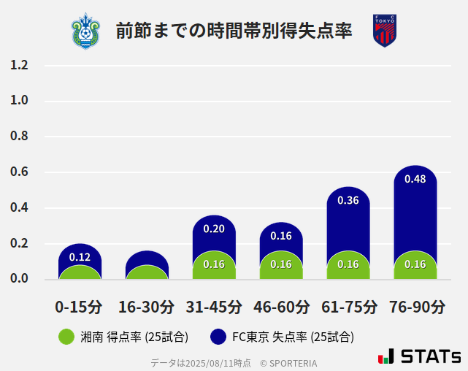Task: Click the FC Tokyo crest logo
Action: [x=384, y=31]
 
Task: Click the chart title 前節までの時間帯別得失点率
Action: [x=234, y=31]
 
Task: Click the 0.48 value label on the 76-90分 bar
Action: [x=415, y=179]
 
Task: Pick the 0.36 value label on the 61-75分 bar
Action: [x=348, y=200]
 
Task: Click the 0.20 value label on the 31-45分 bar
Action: [x=214, y=229]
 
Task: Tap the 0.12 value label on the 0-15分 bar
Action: [x=80, y=257]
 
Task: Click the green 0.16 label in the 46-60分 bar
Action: [x=281, y=264]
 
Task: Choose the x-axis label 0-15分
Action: [x=80, y=306]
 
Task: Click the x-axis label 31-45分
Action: [x=214, y=306]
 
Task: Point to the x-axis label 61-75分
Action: [x=348, y=306]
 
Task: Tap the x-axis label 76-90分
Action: [x=415, y=306]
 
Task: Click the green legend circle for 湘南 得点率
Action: [x=66, y=337]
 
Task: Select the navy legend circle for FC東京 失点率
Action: [x=218, y=337]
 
